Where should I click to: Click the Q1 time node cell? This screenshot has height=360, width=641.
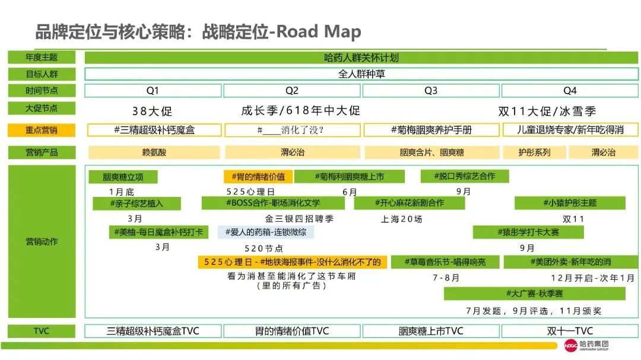coord(153,91)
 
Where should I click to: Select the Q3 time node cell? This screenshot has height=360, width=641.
coord(431,91)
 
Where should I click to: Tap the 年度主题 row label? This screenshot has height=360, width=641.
coord(42,58)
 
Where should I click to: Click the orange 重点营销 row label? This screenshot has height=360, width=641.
coord(42,130)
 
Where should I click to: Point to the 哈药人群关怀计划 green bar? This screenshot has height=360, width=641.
coord(361,58)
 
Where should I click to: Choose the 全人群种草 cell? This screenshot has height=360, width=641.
coord(361,75)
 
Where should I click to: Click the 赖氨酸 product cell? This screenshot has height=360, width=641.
coord(154,152)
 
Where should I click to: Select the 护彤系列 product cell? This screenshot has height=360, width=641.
coord(534,152)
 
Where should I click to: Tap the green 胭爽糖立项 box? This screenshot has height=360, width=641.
coord(123,177)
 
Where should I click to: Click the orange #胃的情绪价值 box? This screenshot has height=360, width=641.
coord(258,176)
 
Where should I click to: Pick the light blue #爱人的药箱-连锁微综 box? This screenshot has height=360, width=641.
coord(266,232)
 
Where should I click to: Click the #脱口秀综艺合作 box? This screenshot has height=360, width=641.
coord(465,176)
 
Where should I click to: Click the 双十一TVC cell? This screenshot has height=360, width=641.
coord(569,331)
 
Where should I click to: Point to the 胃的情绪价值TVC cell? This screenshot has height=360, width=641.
coord(291,331)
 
